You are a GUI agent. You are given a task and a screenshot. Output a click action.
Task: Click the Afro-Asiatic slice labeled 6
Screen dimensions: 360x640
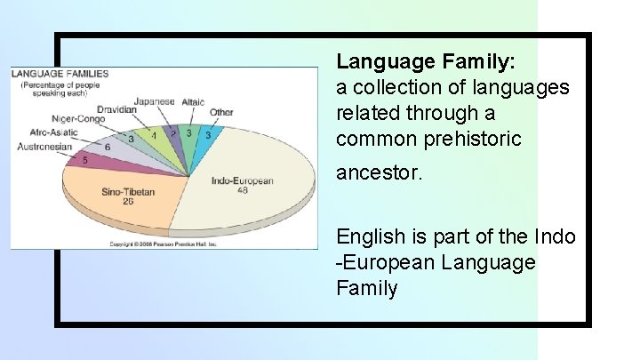(107, 147)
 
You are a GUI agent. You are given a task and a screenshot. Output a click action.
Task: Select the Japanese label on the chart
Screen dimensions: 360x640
(155, 101)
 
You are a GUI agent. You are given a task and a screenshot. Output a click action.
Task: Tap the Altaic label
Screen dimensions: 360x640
(193, 102)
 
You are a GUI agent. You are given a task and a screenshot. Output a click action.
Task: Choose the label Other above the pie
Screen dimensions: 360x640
(222, 113)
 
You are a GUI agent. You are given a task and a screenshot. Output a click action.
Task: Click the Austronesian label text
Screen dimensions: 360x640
(44, 147)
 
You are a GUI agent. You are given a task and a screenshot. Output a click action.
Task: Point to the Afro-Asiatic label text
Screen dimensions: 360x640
(53, 132)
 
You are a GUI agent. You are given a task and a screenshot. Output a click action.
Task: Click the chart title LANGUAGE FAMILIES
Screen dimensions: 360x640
(60, 74)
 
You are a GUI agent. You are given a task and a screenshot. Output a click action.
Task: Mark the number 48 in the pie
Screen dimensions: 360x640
(242, 190)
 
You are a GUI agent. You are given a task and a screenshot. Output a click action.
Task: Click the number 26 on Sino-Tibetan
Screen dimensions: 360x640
(128, 201)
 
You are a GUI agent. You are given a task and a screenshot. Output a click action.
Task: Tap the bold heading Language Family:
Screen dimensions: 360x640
(426, 61)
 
